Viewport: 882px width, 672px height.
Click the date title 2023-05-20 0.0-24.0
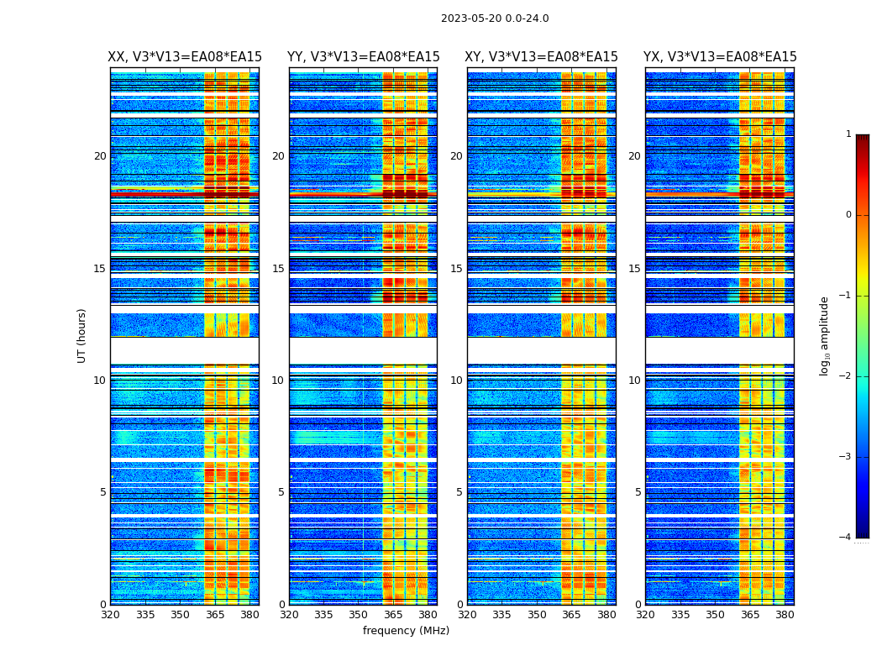495,18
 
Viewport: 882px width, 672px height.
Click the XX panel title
185,57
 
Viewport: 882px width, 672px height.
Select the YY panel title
363,57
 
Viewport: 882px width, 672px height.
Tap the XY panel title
542,57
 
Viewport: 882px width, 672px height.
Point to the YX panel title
720,57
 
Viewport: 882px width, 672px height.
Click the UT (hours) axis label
82,335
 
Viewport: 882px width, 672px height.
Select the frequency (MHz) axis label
406,631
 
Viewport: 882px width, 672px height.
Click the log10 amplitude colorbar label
825,335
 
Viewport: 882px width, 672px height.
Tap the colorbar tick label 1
848,134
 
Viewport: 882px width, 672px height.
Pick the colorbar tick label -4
846,538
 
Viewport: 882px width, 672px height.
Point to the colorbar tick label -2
846,376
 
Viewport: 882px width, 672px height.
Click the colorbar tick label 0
848,215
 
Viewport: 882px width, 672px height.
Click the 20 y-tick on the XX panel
100,156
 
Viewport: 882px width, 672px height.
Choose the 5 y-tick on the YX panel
638,492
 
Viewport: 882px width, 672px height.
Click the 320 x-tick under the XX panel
110,615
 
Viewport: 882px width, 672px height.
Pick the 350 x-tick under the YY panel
359,615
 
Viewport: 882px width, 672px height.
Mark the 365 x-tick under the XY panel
571,615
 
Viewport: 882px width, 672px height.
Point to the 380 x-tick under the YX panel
785,615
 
